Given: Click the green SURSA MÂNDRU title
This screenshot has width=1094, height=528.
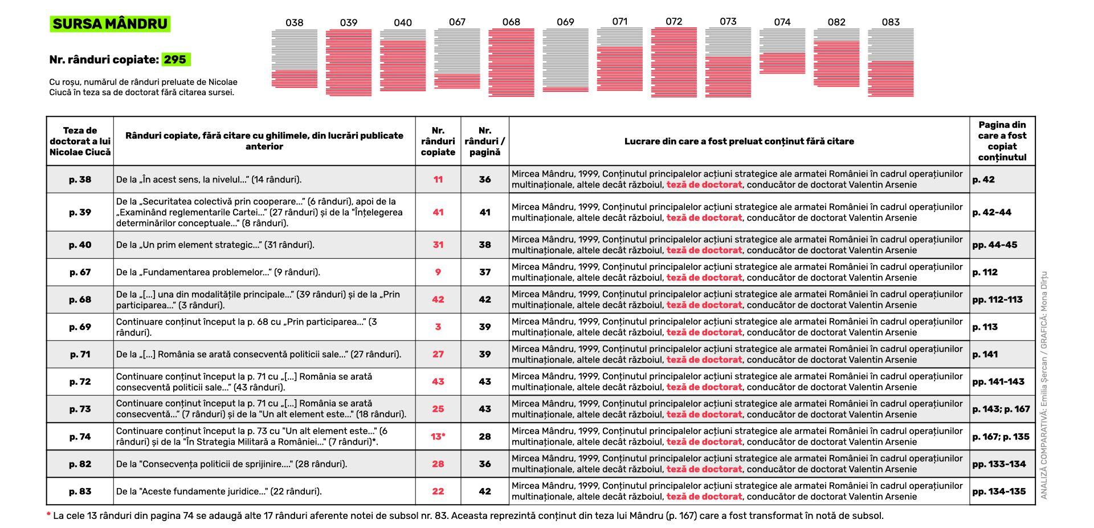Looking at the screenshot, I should pos(110,24).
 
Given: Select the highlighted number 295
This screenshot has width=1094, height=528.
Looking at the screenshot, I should pos(175,59).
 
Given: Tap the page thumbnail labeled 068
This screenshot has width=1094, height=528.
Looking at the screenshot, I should pos(511,62).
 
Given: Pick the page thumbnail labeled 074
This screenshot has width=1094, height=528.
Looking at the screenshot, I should pos(782,51).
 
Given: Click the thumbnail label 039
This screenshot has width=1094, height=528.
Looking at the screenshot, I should pos(349,23).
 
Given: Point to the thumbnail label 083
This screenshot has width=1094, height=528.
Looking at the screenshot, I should pos(891,22).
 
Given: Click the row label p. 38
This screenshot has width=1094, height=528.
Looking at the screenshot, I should pos(80,180).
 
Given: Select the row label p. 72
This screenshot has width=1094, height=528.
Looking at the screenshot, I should pos(80,381).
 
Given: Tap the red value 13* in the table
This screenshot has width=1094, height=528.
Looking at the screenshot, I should pos(438,437).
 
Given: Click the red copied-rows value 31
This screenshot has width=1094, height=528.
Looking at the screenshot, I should pos(438,245).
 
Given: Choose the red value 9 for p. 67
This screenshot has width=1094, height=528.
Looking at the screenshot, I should pos(438,272).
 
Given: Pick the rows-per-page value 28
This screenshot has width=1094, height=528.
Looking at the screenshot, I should pos(485,437).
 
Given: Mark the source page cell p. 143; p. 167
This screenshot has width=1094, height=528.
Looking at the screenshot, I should pos(1001,409).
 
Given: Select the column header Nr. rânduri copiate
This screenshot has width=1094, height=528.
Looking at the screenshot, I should pos(438,141).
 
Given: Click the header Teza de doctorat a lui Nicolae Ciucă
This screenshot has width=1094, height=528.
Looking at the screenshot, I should pos(80,141).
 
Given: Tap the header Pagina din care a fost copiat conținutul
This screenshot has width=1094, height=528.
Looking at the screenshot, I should pos(1002,141).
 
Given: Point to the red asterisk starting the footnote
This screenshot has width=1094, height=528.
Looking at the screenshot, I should pos(48,515).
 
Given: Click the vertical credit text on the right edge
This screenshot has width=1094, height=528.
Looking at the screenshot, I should pos(1044,385).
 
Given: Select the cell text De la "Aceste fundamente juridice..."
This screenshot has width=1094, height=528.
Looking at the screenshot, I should pos(219,492).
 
